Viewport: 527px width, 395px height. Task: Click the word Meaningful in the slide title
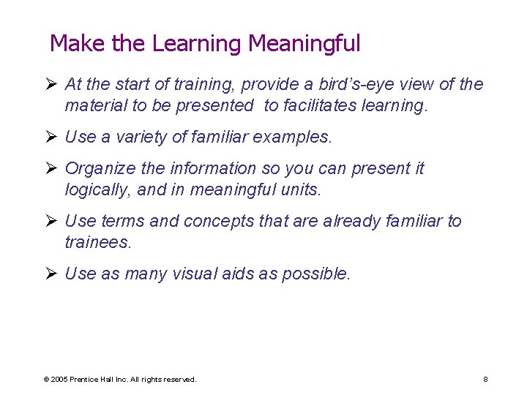304,44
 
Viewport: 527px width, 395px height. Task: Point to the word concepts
220,221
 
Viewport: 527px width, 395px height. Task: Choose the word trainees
98,242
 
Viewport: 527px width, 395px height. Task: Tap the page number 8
485,380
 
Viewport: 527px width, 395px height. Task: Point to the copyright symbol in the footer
46,380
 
